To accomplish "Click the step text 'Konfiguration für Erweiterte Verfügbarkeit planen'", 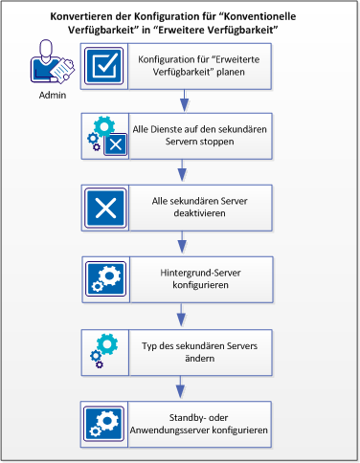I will click(x=204, y=66).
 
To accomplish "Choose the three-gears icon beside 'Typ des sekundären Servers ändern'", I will click(x=101, y=348).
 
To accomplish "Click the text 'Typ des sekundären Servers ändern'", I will click(x=204, y=348).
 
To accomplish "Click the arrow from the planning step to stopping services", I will click(x=180, y=101).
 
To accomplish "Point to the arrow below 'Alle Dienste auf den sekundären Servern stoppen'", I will click(x=180, y=172).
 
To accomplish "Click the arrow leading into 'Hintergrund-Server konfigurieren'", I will click(x=180, y=243).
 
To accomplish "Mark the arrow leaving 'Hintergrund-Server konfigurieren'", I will click(x=180, y=313).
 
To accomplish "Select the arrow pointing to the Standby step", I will click(x=180, y=384).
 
